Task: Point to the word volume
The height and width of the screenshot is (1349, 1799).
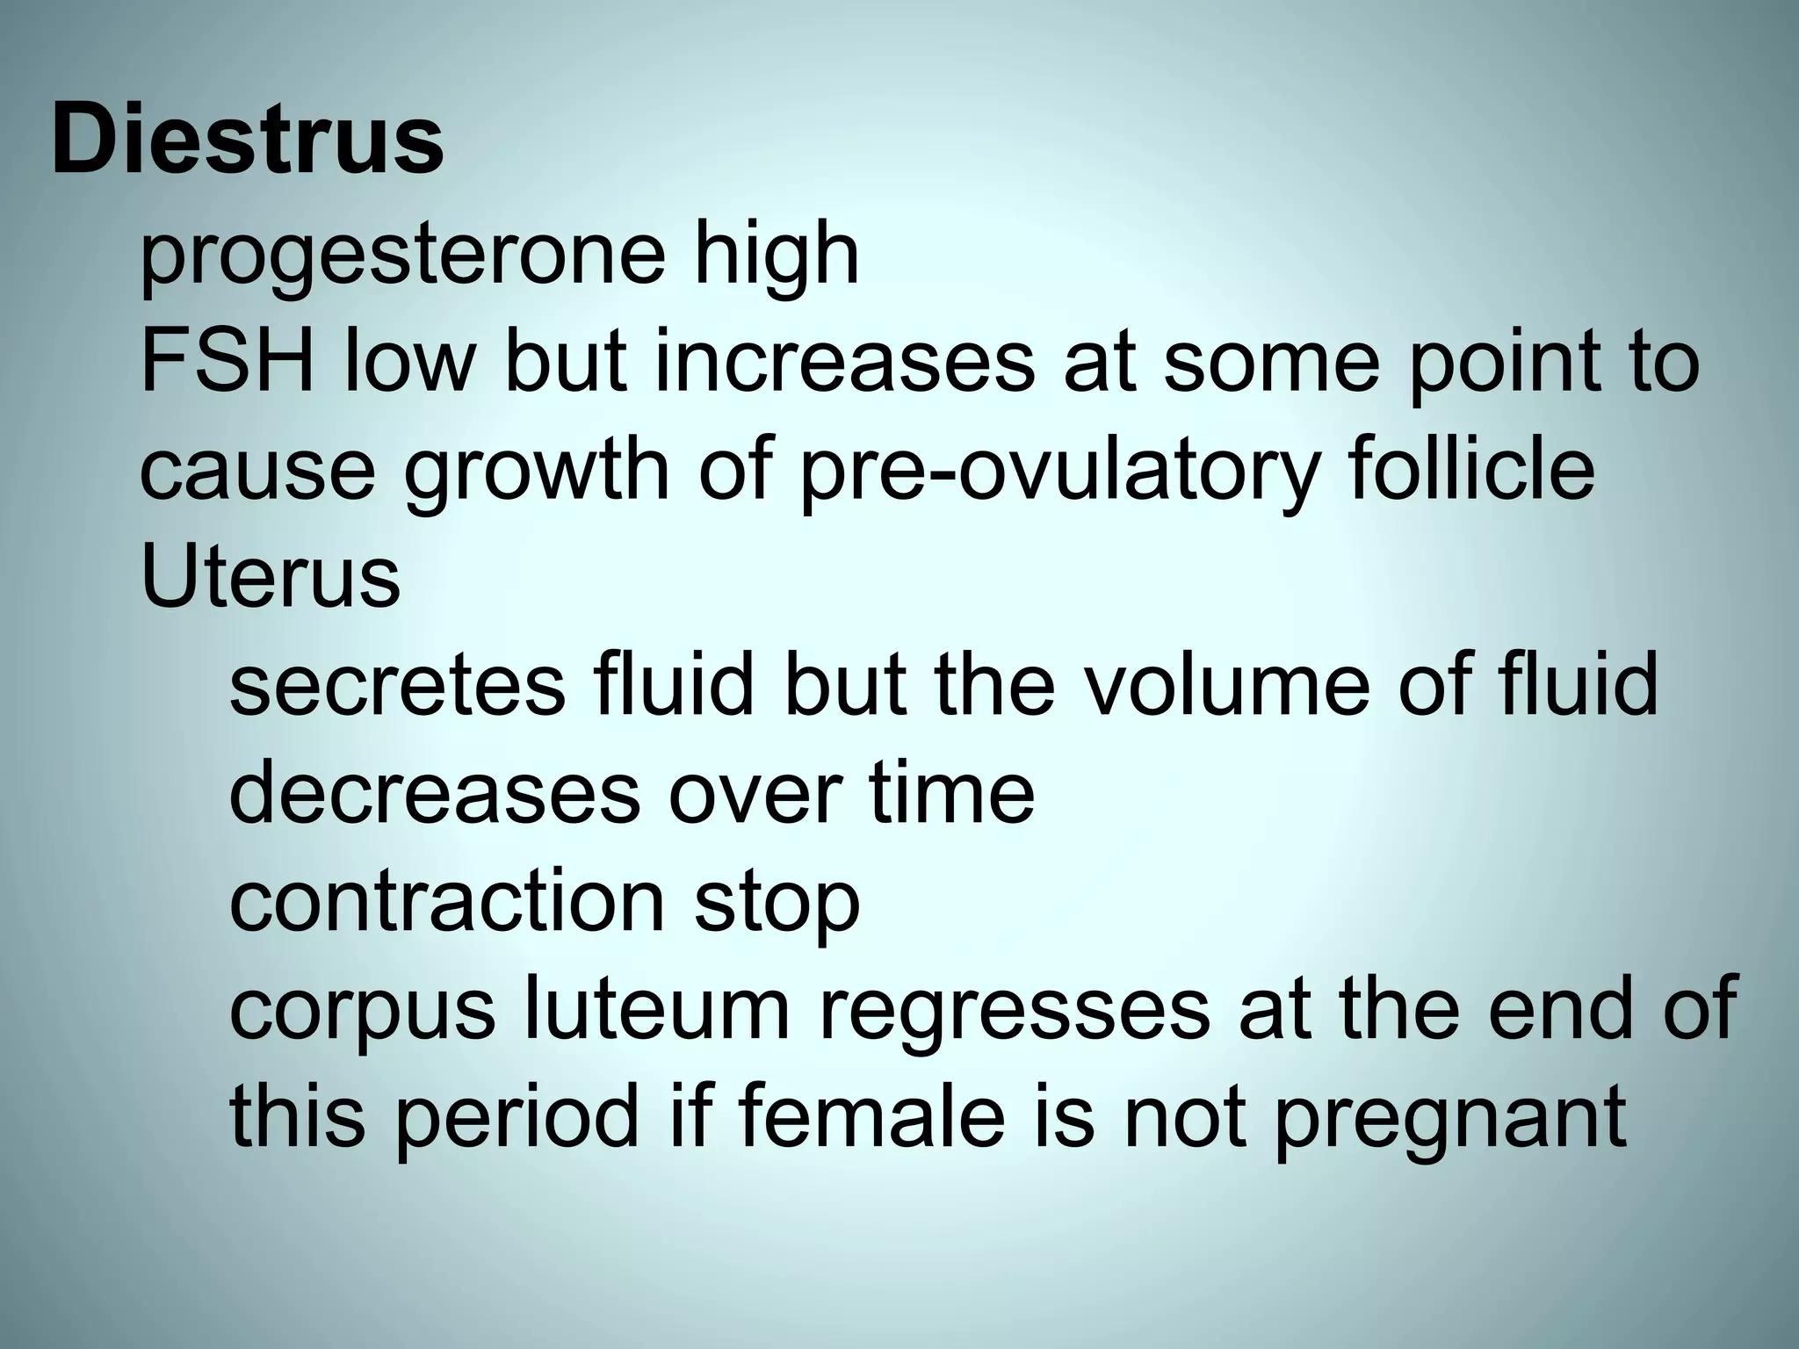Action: click(1225, 685)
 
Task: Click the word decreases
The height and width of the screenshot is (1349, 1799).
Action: click(434, 793)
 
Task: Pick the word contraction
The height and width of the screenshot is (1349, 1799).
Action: click(447, 901)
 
